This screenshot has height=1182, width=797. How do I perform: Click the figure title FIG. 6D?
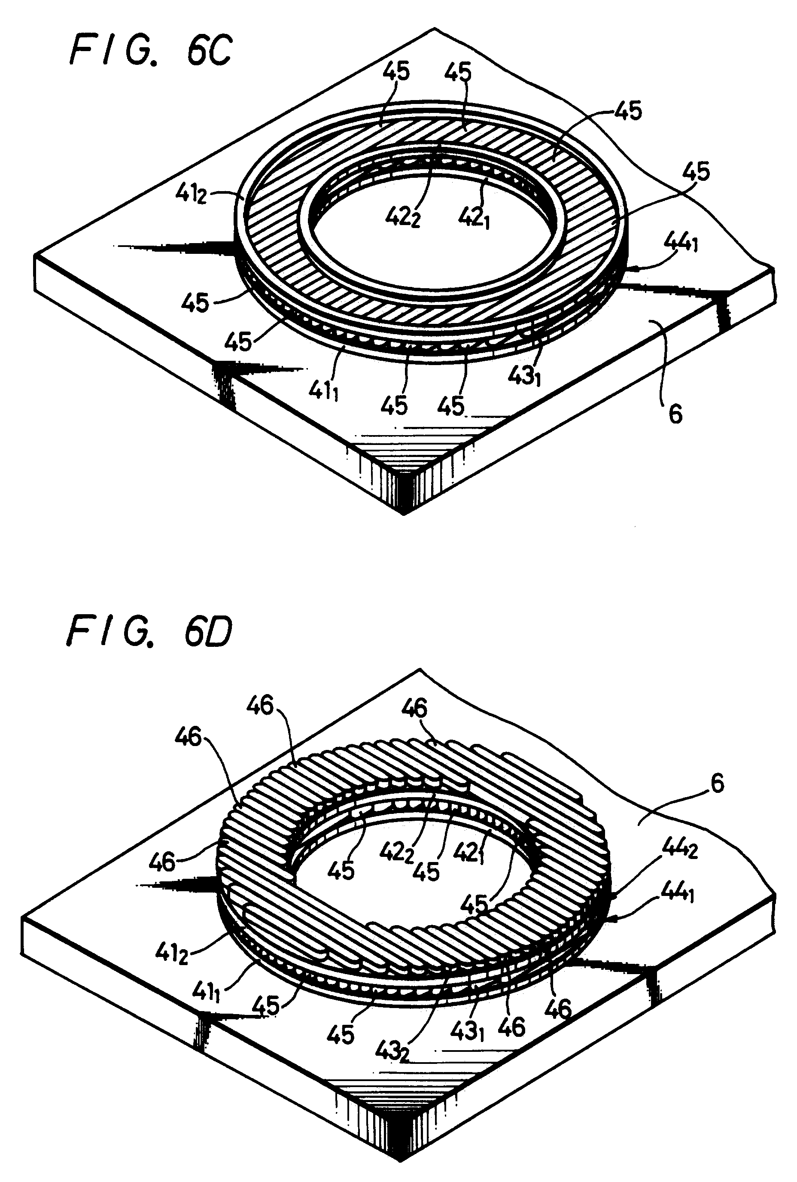pos(149,631)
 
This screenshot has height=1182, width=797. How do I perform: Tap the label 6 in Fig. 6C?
pos(675,414)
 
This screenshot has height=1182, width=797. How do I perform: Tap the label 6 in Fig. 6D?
pos(717,783)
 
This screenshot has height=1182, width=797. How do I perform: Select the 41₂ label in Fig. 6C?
pos(191,194)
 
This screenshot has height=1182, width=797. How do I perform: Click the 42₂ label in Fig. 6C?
pos(402,219)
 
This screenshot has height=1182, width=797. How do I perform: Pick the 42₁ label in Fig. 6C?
pos(473,219)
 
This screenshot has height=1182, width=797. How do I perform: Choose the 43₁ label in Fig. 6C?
pos(524,376)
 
